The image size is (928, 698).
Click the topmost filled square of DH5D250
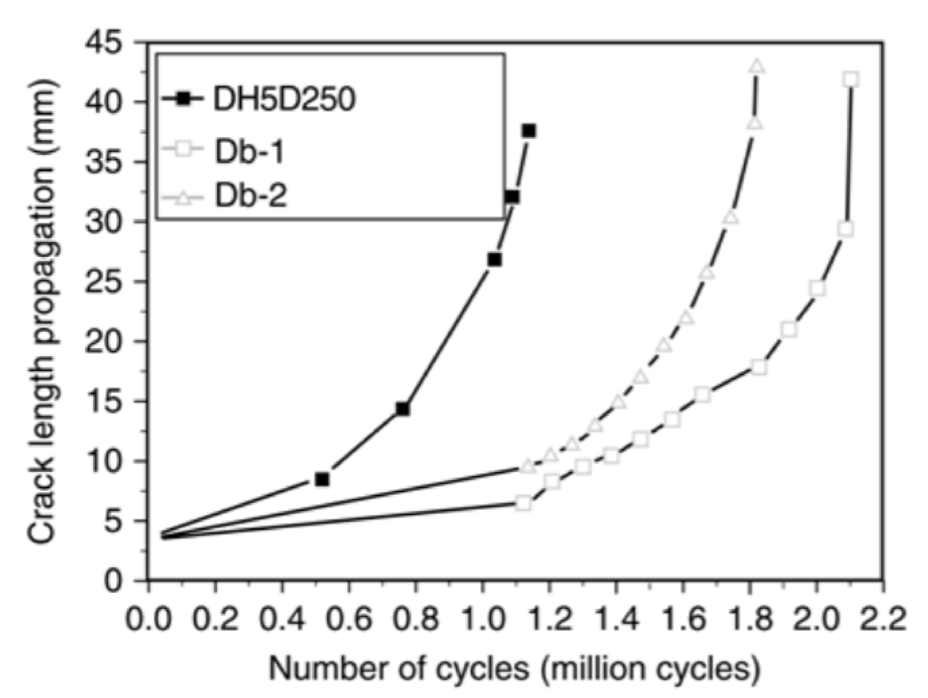[x=529, y=131]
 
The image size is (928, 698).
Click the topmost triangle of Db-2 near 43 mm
[x=756, y=66]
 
